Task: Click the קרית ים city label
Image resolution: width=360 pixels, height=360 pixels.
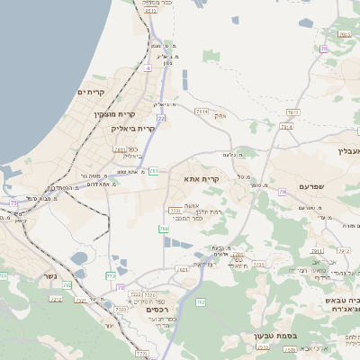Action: coord(92,93)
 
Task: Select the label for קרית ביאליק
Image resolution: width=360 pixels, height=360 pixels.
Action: coord(132,129)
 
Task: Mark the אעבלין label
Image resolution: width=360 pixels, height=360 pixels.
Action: coord(346,150)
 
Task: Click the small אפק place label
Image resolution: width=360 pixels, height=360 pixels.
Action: coord(220,115)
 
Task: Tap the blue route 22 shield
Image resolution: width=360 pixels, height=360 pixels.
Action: coord(161,118)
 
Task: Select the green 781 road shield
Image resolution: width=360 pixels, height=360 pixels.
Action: coord(154,169)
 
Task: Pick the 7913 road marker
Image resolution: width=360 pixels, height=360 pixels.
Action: coord(286,127)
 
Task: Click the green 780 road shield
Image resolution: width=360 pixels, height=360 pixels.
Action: coord(164,229)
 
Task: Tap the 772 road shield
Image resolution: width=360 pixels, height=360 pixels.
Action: coord(111,276)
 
